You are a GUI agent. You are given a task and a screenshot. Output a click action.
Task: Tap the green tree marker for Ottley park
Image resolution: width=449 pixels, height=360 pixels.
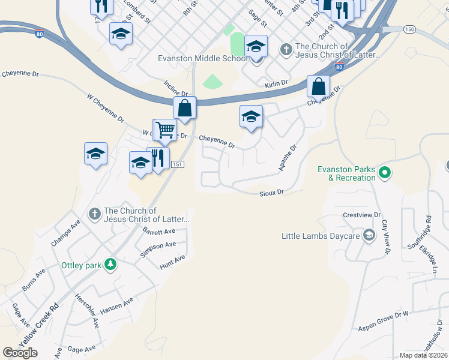point(110,265)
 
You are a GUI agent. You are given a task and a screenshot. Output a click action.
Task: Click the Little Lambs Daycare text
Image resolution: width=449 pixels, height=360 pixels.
point(321,236)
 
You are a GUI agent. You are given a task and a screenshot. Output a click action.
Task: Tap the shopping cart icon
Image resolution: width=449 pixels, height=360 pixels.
point(165,129)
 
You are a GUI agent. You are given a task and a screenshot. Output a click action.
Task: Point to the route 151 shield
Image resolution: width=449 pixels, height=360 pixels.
point(176,164)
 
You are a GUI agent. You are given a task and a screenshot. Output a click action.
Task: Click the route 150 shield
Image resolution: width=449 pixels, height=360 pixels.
point(409,29)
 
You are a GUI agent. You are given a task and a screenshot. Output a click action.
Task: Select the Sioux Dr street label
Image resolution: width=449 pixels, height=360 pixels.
point(271,193)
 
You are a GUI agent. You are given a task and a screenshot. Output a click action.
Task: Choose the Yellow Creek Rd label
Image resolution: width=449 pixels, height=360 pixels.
point(38,324)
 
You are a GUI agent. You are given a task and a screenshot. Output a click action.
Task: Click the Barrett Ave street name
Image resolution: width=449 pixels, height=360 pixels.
point(159,231)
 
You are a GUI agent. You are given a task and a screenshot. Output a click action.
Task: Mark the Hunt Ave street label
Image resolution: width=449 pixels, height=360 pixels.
point(172,262)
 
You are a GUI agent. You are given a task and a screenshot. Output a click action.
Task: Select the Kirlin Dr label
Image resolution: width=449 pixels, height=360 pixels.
point(276,85)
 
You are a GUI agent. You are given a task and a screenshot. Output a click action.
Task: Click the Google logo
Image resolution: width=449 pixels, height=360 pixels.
point(20,352)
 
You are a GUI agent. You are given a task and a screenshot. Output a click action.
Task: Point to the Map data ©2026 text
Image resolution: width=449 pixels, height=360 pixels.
point(423,355)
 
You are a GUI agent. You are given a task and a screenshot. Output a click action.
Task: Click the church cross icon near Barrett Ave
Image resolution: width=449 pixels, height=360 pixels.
point(94,214)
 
